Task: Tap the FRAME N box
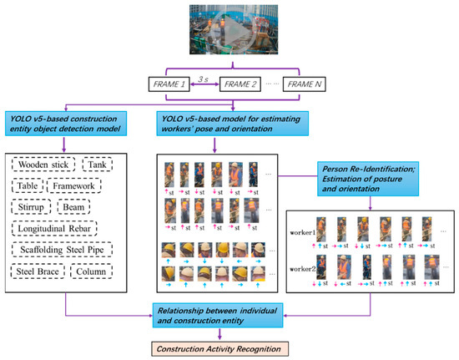pyautogui.click(x=310, y=84)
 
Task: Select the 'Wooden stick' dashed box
pyautogui.click(x=44, y=165)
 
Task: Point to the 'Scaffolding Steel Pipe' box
pyautogui.click(x=66, y=250)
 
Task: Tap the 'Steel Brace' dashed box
pyautogui.click(x=39, y=272)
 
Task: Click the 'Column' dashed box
pyautogui.click(x=95, y=272)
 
